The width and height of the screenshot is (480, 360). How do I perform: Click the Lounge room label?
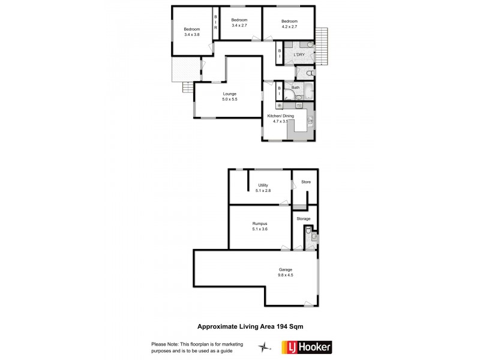[x=229, y=94]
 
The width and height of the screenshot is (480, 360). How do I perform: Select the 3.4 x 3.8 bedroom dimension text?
[x=191, y=35]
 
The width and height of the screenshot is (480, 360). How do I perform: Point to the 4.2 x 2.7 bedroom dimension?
[x=289, y=26]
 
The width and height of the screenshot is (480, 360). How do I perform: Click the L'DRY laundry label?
[x=299, y=55]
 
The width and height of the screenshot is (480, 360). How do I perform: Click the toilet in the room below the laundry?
[x=309, y=73]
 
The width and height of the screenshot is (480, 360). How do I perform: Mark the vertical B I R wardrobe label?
[x=215, y=26]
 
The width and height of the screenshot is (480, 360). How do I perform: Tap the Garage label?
[x=285, y=269]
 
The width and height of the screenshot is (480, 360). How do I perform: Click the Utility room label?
[x=263, y=185]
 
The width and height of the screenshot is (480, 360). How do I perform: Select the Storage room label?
[x=304, y=218]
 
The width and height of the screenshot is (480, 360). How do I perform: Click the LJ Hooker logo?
[x=306, y=347]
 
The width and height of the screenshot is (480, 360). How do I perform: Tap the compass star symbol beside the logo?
[x=262, y=347]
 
